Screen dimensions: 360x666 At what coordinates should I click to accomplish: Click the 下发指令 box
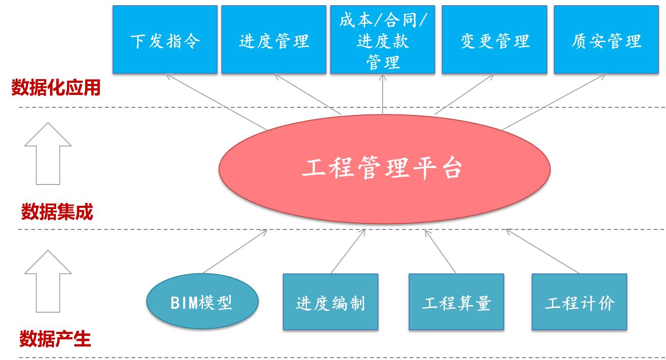tap(165, 40)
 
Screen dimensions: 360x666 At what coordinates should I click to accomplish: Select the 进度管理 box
tap(274, 40)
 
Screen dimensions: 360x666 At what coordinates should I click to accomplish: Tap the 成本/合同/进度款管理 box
tap(383, 40)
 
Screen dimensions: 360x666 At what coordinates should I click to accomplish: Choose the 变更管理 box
tap(494, 40)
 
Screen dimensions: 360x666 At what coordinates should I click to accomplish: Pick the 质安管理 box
tap(606, 40)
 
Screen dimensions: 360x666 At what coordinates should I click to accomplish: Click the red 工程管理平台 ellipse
tap(384, 169)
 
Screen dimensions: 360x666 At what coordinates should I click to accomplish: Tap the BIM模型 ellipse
tap(202, 301)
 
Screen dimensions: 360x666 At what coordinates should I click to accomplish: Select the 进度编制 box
tap(331, 302)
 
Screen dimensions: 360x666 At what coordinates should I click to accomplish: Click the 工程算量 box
tap(456, 302)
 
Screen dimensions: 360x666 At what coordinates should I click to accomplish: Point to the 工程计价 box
tap(579, 302)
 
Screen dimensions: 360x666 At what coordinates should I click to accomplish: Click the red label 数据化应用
tap(56, 88)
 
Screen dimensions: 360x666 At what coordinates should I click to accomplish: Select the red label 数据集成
tap(57, 211)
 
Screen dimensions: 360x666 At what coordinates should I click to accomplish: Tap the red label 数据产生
tap(55, 339)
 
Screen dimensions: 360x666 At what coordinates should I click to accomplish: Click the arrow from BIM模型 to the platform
tap(235, 251)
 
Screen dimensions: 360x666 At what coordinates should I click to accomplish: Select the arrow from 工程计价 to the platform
tap(543, 251)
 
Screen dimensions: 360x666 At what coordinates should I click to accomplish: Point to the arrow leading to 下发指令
tap(217, 102)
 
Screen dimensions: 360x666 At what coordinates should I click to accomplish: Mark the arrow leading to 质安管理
tap(553, 102)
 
